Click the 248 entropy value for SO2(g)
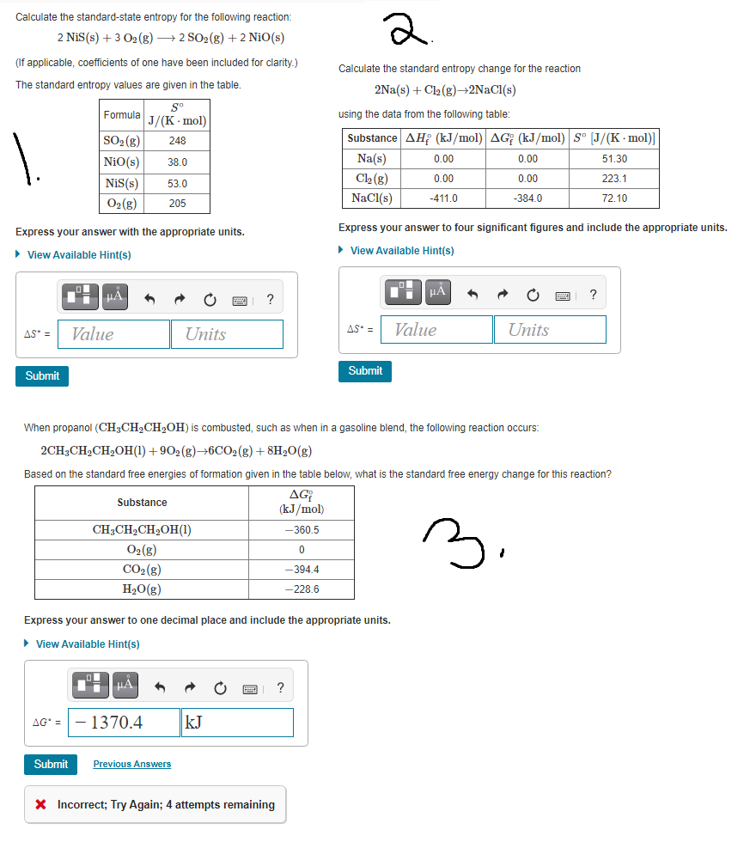point(177,140)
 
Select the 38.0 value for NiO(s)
point(177,162)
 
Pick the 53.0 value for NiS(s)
point(177,183)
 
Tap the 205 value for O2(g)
point(177,204)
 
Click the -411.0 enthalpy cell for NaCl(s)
point(443,198)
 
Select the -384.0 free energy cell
point(527,198)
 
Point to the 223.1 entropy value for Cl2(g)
point(614,179)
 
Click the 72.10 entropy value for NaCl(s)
point(614,198)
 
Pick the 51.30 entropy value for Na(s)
point(614,159)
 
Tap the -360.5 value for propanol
point(302,530)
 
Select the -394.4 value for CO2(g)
point(302,570)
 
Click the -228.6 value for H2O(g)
point(302,589)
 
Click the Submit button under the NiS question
point(42,375)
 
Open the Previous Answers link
point(131,764)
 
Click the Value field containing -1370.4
point(123,723)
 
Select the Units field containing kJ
point(236,723)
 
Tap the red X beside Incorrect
point(40,805)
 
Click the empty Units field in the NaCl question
point(549,330)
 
